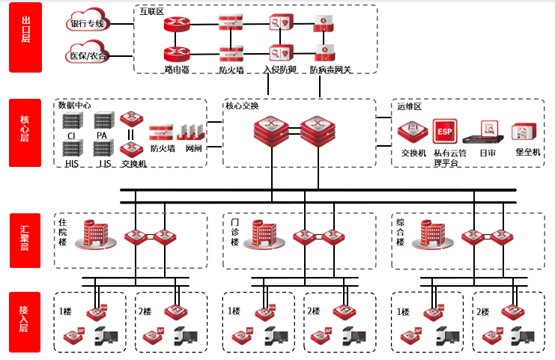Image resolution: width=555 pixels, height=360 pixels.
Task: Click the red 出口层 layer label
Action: [25, 38]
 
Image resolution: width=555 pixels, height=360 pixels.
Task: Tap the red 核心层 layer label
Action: [25, 132]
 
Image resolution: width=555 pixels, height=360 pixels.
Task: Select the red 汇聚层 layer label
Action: [25, 240]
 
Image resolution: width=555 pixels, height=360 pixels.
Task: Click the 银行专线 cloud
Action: [88, 24]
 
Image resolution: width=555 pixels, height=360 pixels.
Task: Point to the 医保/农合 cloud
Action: [88, 55]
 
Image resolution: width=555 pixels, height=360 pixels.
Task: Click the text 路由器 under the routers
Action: [177, 70]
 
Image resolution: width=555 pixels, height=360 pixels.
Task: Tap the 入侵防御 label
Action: [280, 70]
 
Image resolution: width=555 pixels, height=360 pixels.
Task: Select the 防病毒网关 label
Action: [330, 70]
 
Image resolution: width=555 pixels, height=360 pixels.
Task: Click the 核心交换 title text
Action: [242, 106]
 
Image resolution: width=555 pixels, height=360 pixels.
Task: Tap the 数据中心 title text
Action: [75, 106]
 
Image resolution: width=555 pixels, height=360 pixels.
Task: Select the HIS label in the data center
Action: [71, 163]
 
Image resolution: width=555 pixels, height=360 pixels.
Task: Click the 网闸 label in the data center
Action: [193, 148]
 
